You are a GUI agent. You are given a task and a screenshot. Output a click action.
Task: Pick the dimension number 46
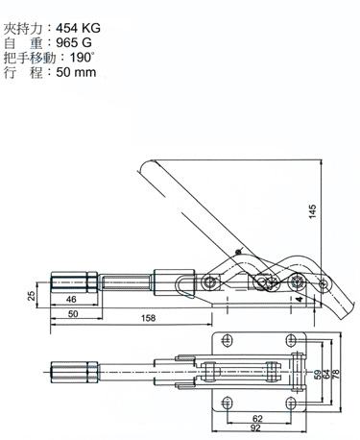pos(70,302)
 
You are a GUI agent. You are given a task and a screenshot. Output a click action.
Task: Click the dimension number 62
pos(256,419)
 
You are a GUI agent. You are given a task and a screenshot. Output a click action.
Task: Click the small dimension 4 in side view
pos(300,300)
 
